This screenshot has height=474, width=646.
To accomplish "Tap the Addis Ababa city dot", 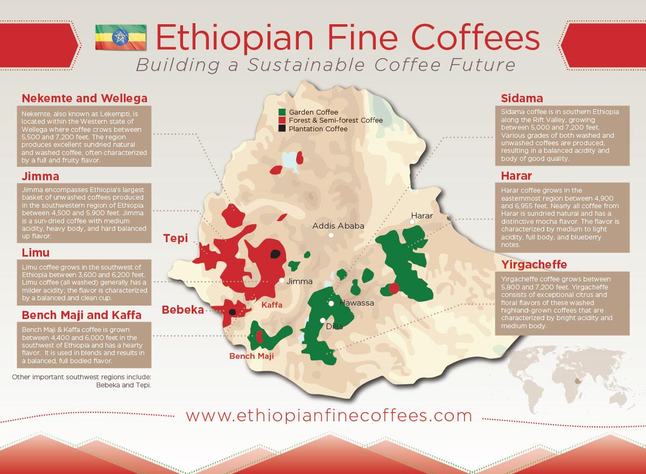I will tap(332, 235).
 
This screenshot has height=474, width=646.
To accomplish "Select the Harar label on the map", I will tap(422, 215).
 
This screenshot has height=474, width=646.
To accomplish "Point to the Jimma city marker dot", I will tap(282, 280).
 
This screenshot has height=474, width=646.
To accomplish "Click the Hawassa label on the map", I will tap(356, 303).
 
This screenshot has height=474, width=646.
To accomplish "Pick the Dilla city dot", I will tap(322, 321).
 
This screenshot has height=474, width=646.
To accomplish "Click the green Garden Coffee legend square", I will tap(282, 112).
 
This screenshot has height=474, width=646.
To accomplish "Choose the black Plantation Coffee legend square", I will tap(282, 129).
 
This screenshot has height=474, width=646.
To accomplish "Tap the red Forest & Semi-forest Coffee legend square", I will tap(282, 121).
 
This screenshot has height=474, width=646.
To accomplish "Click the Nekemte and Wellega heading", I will tap(84, 98).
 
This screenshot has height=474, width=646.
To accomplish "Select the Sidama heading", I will tap(522, 98).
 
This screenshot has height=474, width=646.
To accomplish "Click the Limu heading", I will tap(36, 252).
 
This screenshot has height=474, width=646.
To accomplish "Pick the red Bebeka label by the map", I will tap(183, 310).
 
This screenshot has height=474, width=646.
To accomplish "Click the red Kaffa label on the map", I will tap(272, 305).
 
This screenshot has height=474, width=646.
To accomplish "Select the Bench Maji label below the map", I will tap(251, 356).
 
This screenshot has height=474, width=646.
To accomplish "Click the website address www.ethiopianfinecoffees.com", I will tap(329, 416).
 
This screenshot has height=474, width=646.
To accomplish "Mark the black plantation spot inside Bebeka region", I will tap(232, 312).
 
